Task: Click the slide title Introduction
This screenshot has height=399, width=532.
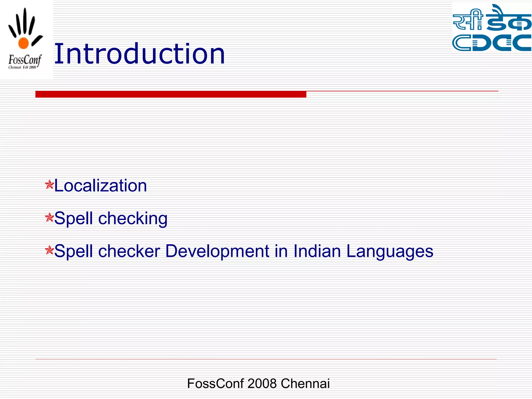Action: pos(139,54)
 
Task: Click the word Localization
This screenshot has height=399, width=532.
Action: pos(100,186)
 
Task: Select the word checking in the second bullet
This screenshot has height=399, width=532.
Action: pos(133,218)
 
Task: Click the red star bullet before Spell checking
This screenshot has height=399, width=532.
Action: pos(49,217)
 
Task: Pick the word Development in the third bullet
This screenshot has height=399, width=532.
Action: pos(217,251)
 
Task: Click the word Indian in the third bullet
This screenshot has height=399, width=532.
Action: pos(317,251)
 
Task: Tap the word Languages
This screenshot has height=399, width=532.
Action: pos(390,251)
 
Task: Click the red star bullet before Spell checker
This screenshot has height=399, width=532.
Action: pos(49,250)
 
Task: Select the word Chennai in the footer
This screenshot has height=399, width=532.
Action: pos(305,383)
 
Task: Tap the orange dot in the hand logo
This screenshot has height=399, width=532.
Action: pos(23,43)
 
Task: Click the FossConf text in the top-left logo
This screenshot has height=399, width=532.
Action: pos(24,60)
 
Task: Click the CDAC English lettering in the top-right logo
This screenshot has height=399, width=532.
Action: pos(492,43)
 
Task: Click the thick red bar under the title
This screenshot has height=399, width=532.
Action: pos(171,94)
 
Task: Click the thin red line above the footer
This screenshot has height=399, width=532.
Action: pos(265,359)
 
